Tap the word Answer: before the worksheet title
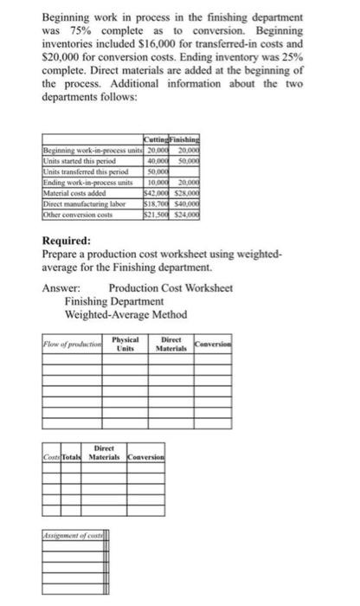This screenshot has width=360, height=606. coord(61,288)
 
